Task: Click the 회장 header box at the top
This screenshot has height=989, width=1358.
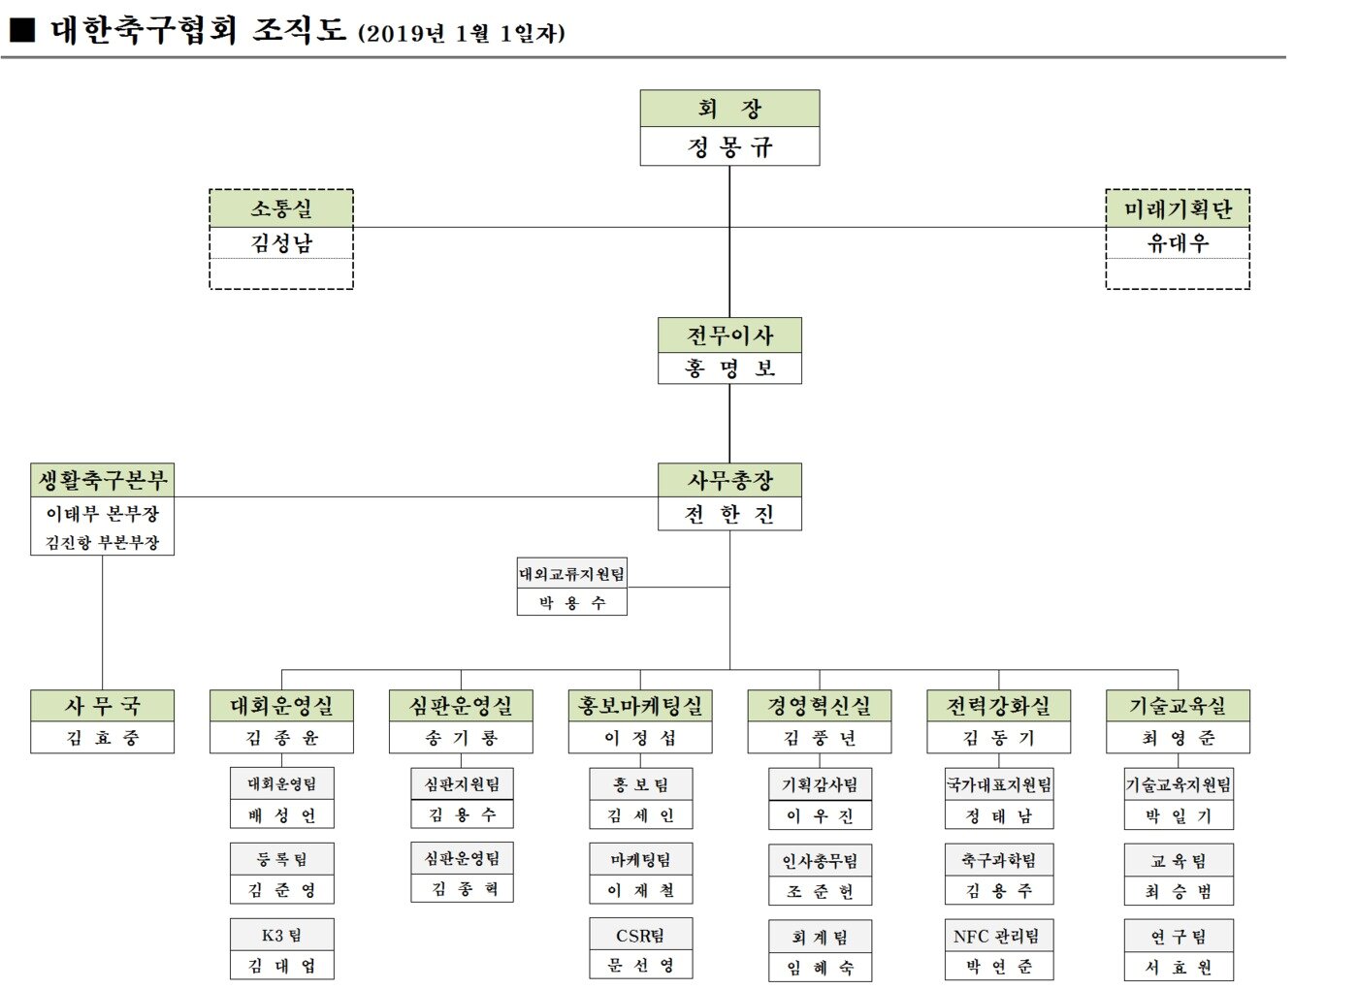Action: coord(729,109)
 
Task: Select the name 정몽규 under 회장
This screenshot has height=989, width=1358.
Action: coord(729,147)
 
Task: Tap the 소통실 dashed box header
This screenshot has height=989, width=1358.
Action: coord(281,209)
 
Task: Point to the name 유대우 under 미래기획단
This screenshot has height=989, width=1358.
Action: coord(1178,243)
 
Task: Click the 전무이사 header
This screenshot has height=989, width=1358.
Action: coord(729,335)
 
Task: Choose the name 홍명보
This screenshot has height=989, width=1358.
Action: coord(729,368)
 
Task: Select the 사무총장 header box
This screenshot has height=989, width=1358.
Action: coord(729,481)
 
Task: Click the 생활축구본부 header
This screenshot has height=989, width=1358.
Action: coord(102,480)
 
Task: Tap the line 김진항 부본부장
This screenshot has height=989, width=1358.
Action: coord(102,543)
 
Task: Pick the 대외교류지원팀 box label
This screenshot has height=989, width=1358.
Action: coord(572,573)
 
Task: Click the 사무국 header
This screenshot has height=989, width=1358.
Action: coord(102,706)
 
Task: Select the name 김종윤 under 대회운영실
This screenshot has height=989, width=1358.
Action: coord(281,738)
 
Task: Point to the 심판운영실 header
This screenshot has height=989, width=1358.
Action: coord(461,706)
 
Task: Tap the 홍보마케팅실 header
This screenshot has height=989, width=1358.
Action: coord(640,706)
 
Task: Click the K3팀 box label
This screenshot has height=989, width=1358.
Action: coord(281,935)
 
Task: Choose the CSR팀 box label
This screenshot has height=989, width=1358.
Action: coord(640,936)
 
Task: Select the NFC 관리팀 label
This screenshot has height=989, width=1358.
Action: coord(997,936)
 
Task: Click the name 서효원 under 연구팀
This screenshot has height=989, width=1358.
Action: coord(1178,967)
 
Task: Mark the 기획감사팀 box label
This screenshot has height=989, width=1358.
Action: coord(820,784)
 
